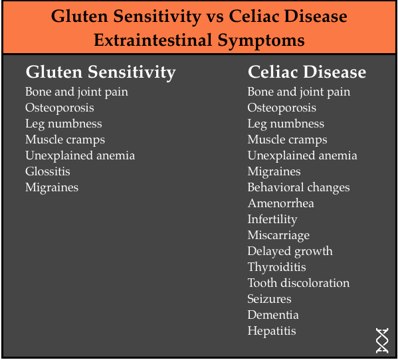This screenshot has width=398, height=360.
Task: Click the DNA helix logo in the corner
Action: pos(382,340)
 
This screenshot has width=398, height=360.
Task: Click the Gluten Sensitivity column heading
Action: pos(100,72)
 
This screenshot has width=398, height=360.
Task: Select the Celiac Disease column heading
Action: pos(307,72)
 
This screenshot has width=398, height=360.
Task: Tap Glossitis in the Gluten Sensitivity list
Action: pos(48,171)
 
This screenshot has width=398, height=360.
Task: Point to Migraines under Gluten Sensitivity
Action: pos(52,188)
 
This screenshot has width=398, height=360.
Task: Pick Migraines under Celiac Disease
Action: pos(274,172)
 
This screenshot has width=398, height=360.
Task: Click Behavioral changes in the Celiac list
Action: pos(298,188)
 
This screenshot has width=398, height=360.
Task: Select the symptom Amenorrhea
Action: pos(281,203)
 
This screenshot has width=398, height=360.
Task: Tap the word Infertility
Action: pos(272,219)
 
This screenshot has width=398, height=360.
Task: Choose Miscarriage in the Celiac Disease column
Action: pos(278,235)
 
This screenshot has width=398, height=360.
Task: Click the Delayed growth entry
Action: pos(290,252)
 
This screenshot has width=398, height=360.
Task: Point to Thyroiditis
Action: pos(276,268)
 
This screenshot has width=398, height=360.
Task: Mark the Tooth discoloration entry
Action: pos(298,283)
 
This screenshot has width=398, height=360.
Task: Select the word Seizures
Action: pos(269,299)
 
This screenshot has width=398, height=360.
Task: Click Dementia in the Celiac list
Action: pos(273,315)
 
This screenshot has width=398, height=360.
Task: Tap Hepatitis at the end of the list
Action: pos(272,331)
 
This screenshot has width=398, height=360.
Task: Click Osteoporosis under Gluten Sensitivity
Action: pos(60,108)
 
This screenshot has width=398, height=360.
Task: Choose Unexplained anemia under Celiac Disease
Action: pos(302,156)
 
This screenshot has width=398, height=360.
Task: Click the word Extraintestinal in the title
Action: pos(153,40)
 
